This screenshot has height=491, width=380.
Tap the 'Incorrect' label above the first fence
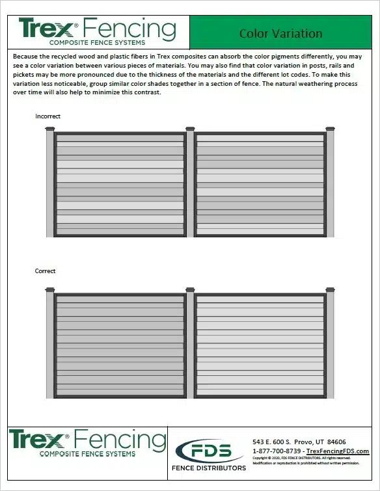[48, 116]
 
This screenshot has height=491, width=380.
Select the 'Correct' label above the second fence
[46, 271]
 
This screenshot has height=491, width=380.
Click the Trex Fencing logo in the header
[97, 31]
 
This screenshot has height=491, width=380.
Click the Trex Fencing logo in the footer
[87, 442]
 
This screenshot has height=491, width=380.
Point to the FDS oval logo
[209, 450]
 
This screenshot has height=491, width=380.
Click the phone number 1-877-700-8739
[277, 451]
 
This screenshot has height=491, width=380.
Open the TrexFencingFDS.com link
[337, 451]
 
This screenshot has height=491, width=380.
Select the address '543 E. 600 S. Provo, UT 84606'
[299, 442]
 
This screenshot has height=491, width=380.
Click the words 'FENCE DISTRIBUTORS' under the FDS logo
[208, 468]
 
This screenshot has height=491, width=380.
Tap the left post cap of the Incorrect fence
[50, 129]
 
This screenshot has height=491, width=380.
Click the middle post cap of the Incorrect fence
[190, 129]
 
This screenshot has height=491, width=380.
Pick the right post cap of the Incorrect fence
[330, 129]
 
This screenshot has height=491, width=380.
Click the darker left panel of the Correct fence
[120, 345]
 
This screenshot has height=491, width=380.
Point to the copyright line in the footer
[306, 458]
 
